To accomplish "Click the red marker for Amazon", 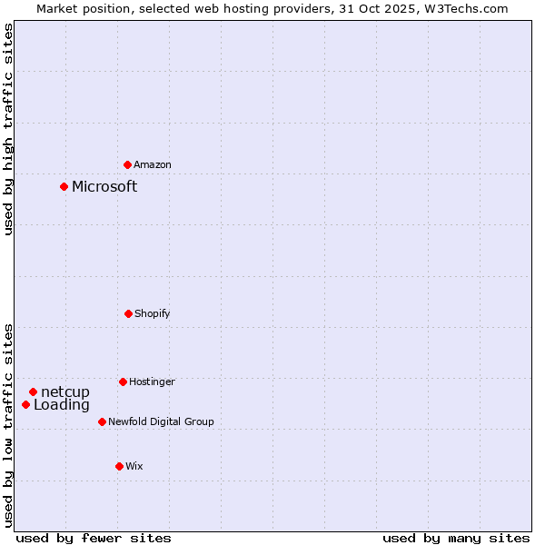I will tap(127, 164).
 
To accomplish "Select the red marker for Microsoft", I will tap(64, 186).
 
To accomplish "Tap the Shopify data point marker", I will tap(128, 313).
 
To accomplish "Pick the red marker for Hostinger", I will tap(123, 381).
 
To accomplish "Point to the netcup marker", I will tap(33, 391).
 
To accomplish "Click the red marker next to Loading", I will tap(25, 404).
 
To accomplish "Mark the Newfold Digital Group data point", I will tap(102, 421).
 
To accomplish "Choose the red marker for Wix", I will tap(119, 466).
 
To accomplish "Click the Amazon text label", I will tap(153, 165).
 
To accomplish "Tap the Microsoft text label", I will tap(104, 186).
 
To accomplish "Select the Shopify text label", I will tap(153, 314).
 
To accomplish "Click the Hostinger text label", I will tap(152, 382).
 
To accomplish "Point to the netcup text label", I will tap(65, 391).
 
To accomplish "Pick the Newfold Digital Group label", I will tap(161, 422).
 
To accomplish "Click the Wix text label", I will tap(134, 467).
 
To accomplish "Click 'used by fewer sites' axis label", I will tap(94, 538).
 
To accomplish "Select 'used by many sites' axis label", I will tap(456, 538).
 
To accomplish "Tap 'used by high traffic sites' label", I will tap(8, 130).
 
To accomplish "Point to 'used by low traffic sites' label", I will tap(8, 424).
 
